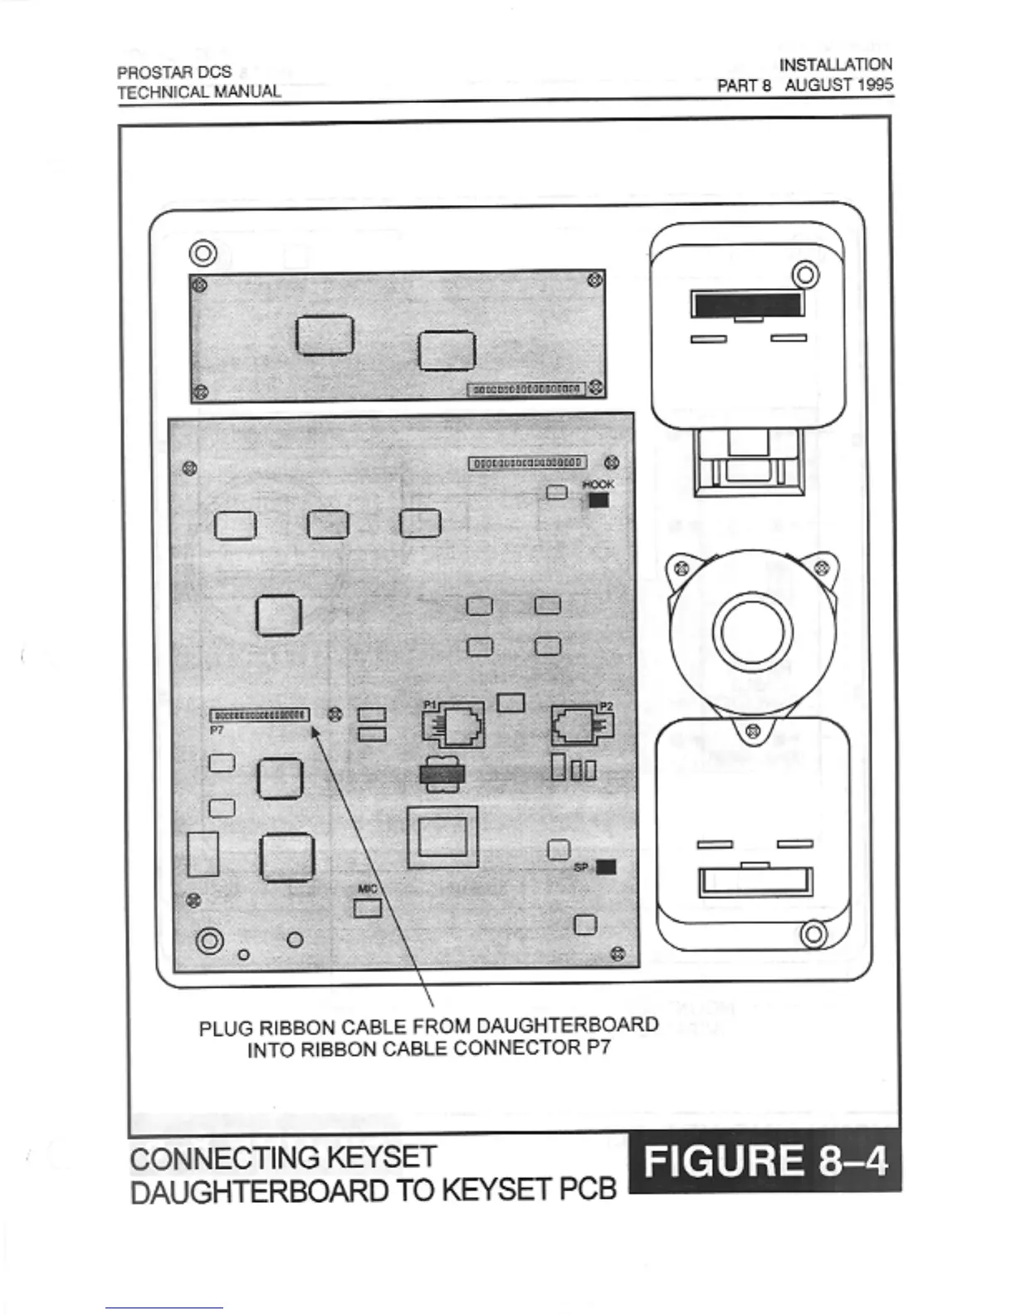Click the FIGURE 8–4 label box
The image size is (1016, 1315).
tap(764, 1160)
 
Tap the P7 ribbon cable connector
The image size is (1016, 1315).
tap(260, 715)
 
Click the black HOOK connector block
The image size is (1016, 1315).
tap(598, 501)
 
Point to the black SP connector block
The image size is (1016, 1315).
tap(606, 867)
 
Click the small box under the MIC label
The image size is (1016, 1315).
tap(368, 908)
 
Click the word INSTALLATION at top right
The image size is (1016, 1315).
tap(836, 64)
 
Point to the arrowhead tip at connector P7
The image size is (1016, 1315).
tap(313, 728)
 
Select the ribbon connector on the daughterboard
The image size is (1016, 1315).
tap(526, 389)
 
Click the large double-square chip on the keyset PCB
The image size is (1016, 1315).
tap(442, 837)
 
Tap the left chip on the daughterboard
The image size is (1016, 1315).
tap(325, 335)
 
